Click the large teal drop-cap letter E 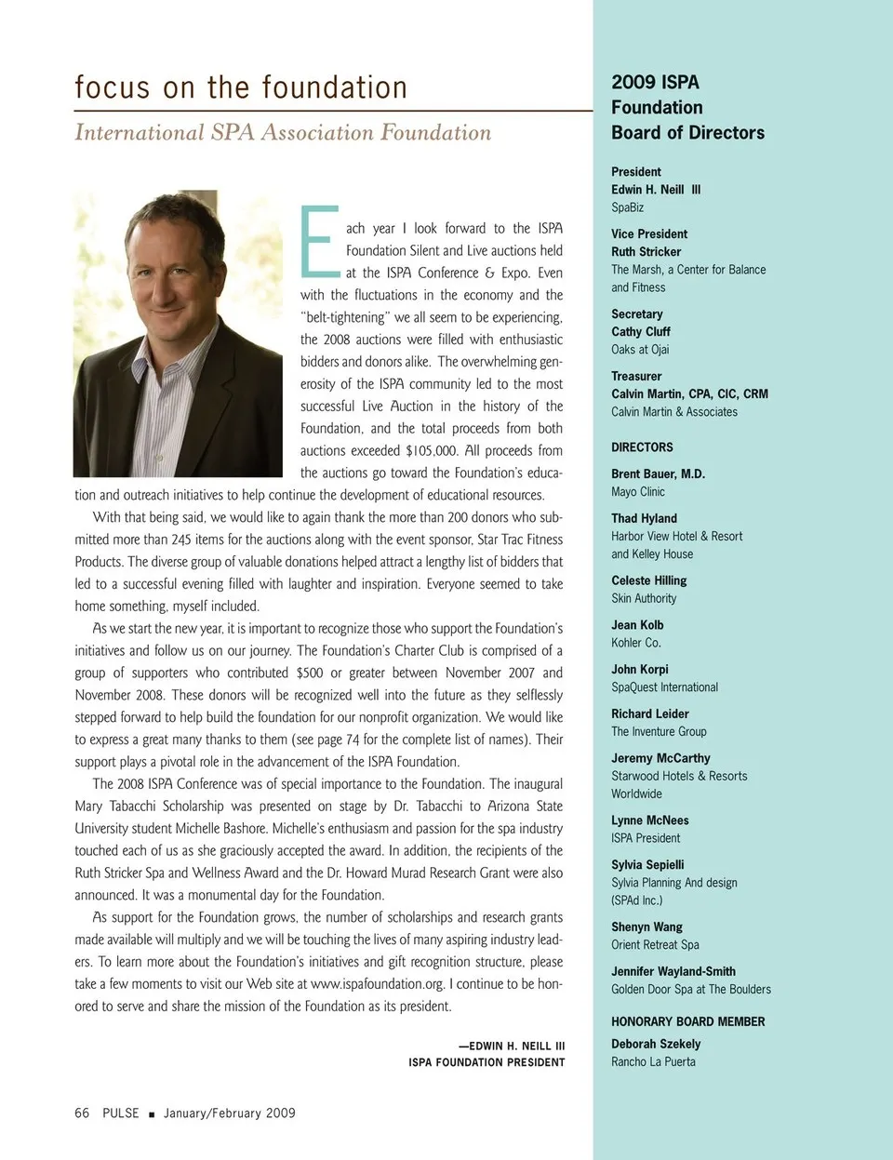pyautogui.click(x=319, y=242)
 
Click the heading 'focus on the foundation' pyautogui.click(x=241, y=87)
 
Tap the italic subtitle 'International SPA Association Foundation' pyautogui.click(x=283, y=133)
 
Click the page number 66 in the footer pyautogui.click(x=82, y=1113)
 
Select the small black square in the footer pyautogui.click(x=152, y=1113)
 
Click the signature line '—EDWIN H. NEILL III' pyautogui.click(x=511, y=1046)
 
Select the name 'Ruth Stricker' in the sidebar pyautogui.click(x=646, y=251)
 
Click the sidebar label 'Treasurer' pyautogui.click(x=636, y=376)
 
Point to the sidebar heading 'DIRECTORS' pyautogui.click(x=642, y=447)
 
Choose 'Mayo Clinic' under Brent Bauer pyautogui.click(x=638, y=491)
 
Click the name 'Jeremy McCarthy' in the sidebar pyautogui.click(x=660, y=758)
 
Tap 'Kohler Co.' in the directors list pyautogui.click(x=636, y=643)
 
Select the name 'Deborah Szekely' pyautogui.click(x=656, y=1044)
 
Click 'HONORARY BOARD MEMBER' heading pyautogui.click(x=687, y=1021)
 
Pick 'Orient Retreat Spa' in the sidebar pyautogui.click(x=655, y=944)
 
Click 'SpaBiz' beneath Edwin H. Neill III pyautogui.click(x=628, y=207)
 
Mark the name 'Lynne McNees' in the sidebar pyautogui.click(x=650, y=820)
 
